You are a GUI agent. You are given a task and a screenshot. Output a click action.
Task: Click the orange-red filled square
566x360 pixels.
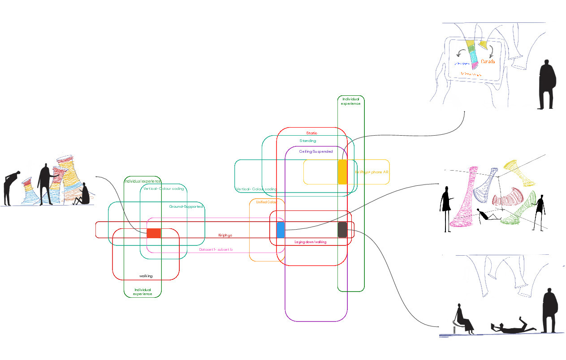154,233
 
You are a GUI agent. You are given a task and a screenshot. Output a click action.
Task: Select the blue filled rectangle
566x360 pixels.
281,229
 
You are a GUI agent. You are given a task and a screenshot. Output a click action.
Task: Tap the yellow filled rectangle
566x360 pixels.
342,171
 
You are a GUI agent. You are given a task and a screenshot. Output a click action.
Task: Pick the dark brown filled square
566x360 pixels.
342,229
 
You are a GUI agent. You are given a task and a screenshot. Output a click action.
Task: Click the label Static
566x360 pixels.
311,133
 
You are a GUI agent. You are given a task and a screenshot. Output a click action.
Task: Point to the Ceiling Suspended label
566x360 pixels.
316,151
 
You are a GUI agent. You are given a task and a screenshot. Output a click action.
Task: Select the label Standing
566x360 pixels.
308,141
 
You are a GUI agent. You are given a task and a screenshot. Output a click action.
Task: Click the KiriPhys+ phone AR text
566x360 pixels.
372,172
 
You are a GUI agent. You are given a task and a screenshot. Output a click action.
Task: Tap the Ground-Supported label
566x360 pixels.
186,206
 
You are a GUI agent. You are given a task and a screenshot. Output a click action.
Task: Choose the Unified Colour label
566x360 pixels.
266,202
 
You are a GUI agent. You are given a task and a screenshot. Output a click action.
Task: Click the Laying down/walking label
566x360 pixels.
310,242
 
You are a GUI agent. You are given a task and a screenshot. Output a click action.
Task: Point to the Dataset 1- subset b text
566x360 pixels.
216,249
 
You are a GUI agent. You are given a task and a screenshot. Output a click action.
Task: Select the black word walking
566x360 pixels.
146,276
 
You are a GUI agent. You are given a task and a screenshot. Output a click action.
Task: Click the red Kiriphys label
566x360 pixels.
225,235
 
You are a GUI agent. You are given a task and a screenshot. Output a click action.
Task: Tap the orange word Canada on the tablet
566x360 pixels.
488,61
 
